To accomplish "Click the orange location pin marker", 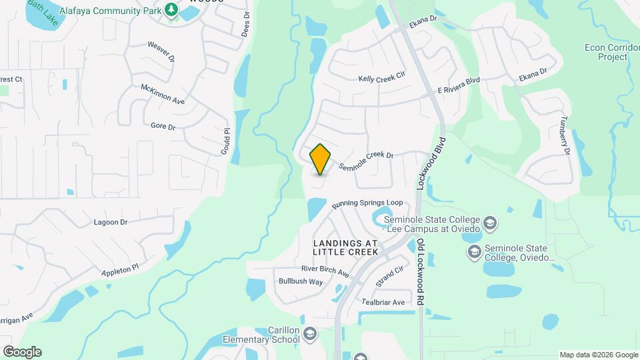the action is [x=321, y=159].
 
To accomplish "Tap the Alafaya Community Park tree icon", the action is [x=172, y=10].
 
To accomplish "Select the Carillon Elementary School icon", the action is [x=309, y=333].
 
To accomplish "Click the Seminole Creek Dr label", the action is [x=366, y=161].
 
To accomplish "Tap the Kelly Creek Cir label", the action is [x=381, y=78].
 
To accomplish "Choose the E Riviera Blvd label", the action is [x=459, y=85].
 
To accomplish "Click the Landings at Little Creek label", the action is [x=345, y=247].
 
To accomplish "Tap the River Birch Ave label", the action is [x=325, y=270].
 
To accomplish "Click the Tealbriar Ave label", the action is [x=383, y=302].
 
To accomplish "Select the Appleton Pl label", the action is [x=119, y=270].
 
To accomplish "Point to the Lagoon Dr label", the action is [x=111, y=222].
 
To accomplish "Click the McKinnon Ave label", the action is [x=162, y=94].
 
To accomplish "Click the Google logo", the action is [x=22, y=352].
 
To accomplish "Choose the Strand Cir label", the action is [x=389, y=275].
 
